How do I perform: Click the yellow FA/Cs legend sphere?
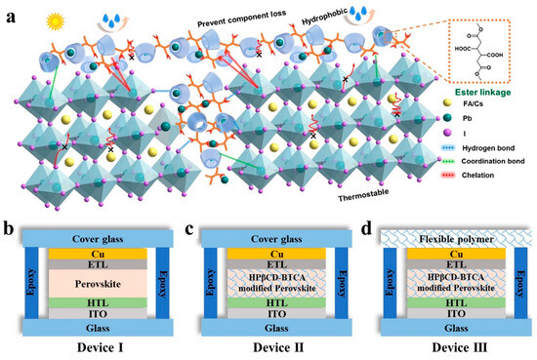pyautogui.click(x=433, y=114)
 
